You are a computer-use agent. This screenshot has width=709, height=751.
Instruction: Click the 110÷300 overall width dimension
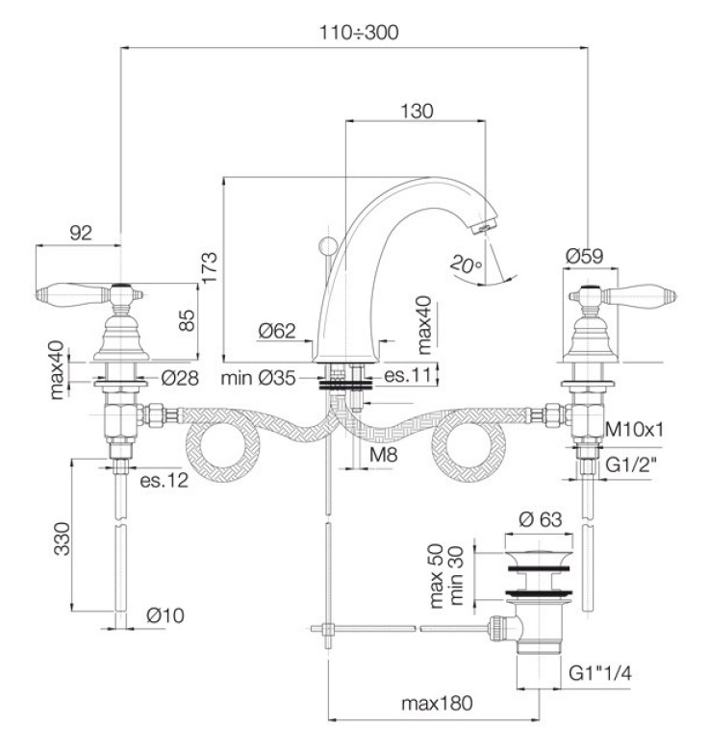[x=359, y=32]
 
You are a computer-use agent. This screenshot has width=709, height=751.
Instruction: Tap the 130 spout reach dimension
[x=416, y=111]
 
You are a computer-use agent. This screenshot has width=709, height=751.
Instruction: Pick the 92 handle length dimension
[x=81, y=232]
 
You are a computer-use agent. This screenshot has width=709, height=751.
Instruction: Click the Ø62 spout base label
[x=276, y=333]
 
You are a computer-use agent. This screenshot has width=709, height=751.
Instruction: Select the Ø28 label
[x=180, y=378]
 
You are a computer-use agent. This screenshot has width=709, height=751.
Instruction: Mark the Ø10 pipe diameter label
[x=165, y=616]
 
